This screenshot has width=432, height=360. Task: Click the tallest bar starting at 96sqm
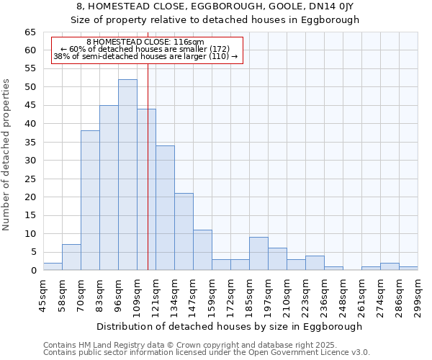(x=127, y=175)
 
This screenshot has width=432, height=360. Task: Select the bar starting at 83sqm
(x=109, y=188)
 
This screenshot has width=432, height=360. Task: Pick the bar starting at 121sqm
(x=165, y=208)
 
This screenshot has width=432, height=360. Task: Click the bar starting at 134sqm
(x=184, y=232)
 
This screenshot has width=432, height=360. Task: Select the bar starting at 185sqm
(x=258, y=254)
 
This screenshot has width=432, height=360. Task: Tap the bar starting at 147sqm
(x=202, y=251)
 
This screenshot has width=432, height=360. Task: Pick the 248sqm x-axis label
(x=343, y=296)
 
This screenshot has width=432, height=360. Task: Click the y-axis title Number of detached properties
(x=7, y=155)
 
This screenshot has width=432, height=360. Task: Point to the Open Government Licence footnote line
(x=206, y=352)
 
